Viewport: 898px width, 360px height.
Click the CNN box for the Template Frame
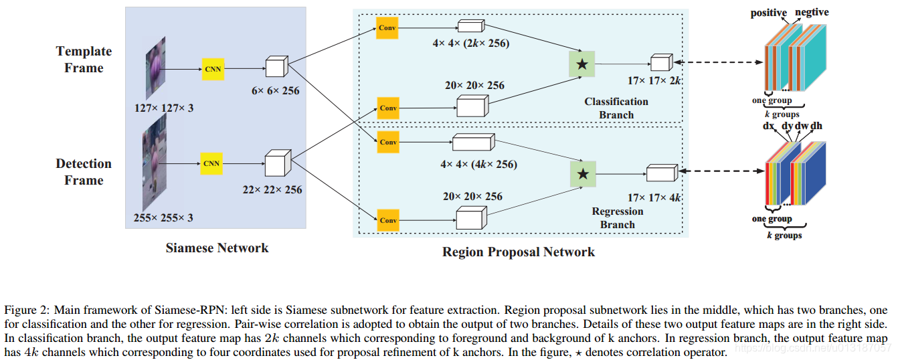click(212, 70)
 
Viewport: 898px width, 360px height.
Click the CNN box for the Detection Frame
click(211, 163)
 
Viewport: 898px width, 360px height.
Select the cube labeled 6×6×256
click(276, 68)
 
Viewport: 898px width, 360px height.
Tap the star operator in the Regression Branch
click(582, 174)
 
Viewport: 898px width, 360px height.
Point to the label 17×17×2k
click(654, 81)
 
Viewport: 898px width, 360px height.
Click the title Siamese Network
click(217, 248)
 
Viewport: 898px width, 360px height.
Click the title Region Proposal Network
click(518, 252)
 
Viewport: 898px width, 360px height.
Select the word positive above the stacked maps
click(768, 13)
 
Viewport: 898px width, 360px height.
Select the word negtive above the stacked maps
click(812, 13)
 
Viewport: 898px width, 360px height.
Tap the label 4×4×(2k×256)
click(471, 44)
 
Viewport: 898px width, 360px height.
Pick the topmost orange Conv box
click(387, 27)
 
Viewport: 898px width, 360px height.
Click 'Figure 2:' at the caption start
click(26, 310)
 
